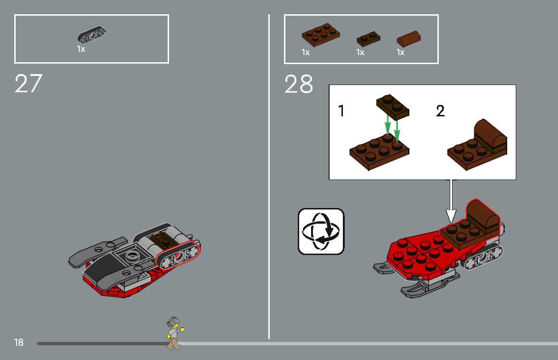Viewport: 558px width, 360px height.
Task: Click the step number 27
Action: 28,84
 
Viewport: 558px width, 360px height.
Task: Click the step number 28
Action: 299,85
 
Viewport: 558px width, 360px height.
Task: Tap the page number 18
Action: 19,342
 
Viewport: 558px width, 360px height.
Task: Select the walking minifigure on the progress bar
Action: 174,333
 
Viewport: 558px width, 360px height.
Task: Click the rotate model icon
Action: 321,232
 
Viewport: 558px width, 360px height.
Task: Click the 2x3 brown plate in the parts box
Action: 321,35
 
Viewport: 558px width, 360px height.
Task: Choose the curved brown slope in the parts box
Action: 409,38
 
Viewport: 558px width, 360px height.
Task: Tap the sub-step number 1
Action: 341,111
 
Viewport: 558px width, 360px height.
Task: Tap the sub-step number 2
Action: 440,111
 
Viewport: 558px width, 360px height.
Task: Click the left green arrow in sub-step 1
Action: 388,126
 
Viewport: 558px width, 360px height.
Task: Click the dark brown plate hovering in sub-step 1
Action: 392,105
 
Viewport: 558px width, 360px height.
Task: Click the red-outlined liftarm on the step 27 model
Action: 177,256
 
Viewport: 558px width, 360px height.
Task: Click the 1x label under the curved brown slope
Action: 400,53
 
